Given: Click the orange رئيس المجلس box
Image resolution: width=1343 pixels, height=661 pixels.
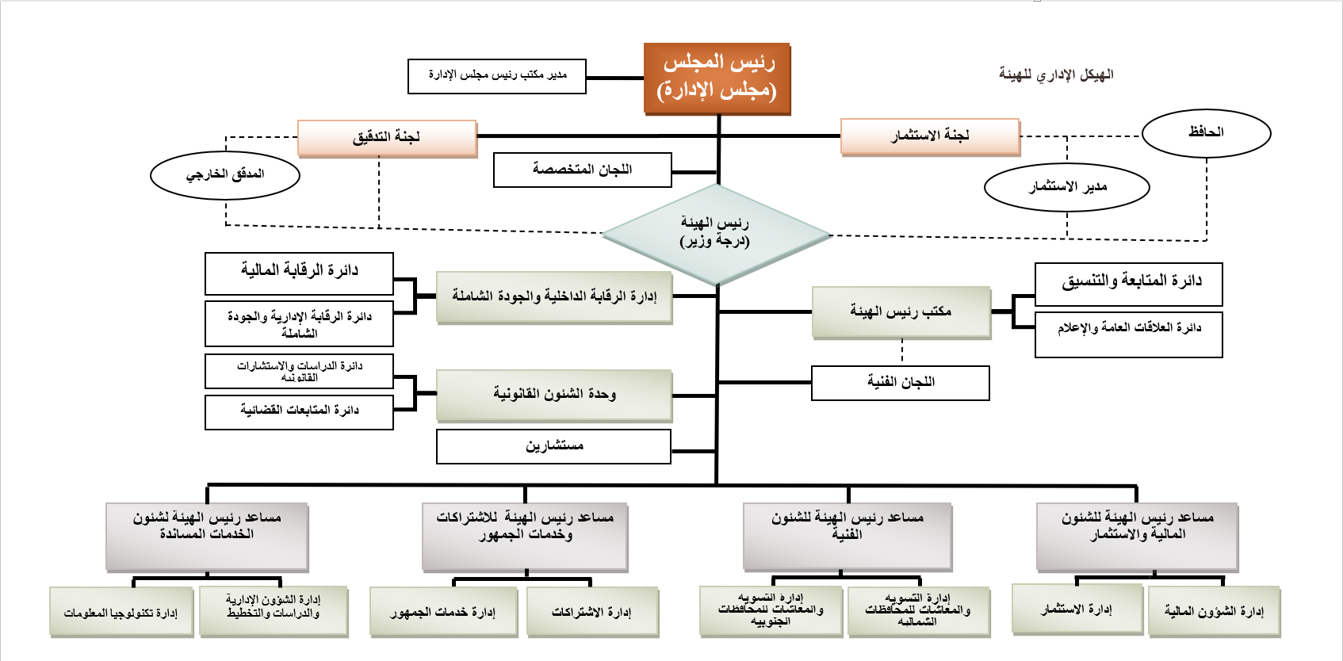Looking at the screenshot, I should point(717,78).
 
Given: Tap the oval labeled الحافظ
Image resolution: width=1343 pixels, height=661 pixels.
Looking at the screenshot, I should point(1206,133).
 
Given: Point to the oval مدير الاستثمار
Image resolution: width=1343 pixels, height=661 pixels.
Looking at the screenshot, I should point(1066,188).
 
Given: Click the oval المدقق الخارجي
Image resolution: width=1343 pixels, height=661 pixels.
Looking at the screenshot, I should point(225,175).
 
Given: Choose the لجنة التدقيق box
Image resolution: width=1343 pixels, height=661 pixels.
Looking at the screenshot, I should point(387,138).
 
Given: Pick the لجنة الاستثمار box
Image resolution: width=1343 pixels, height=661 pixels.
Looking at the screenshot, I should point(930,137).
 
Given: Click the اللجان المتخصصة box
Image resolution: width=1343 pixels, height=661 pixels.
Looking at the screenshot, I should point(582,170).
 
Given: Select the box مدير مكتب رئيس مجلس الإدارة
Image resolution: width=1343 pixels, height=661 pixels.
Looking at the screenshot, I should point(497,76).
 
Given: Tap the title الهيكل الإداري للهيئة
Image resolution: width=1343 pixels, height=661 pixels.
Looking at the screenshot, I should point(1056,75).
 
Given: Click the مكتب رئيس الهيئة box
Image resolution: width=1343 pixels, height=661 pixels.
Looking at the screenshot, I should point(901,312).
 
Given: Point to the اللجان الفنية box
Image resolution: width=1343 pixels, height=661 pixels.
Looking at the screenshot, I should point(901,383).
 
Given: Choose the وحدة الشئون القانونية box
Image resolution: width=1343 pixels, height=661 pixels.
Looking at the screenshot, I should point(554,395).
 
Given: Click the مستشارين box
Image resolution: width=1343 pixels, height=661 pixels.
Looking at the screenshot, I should point(553,446).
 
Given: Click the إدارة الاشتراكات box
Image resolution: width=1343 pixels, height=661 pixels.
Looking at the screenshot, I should point(592,612).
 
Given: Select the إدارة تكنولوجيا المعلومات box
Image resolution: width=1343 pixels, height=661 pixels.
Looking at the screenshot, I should point(121,612).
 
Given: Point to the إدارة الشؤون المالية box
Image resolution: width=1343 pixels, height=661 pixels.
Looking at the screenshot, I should point(1214,611).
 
